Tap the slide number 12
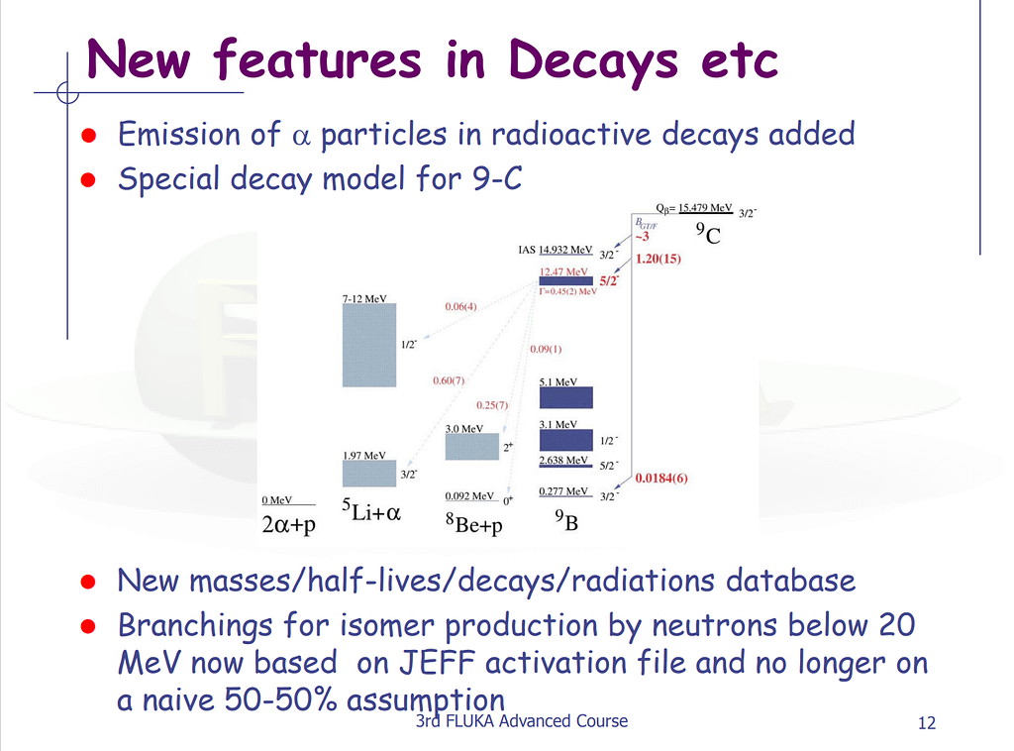click(927, 723)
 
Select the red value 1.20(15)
click(659, 259)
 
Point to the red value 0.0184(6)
click(661, 478)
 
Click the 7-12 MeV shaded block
click(369, 344)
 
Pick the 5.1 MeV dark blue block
click(565, 397)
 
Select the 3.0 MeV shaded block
click(471, 446)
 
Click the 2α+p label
click(288, 525)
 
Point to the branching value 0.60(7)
click(448, 380)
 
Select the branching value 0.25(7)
click(491, 405)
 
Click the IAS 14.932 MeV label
click(555, 250)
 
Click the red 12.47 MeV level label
click(563, 270)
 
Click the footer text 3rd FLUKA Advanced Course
click(522, 720)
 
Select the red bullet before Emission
click(87, 135)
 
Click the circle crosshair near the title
click(67, 93)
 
